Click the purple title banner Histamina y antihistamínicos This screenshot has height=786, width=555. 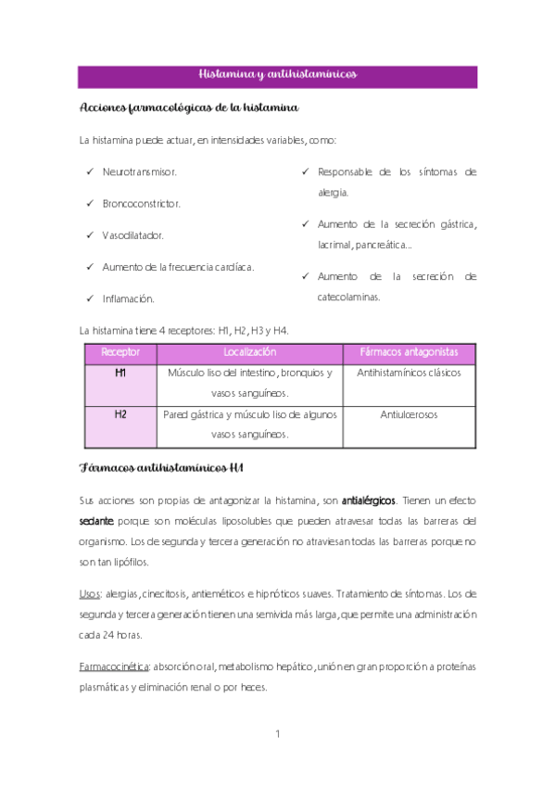click(277, 74)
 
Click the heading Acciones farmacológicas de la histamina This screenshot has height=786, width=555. click(189, 108)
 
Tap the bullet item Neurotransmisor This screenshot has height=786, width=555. click(140, 172)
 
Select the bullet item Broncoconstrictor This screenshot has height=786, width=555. click(142, 204)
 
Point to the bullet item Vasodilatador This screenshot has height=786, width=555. click(133, 235)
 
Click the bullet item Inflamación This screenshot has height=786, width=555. click(128, 298)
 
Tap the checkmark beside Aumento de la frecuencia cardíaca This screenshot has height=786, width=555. click(89, 267)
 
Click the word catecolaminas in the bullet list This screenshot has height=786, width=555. click(348, 297)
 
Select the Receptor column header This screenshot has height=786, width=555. click(120, 352)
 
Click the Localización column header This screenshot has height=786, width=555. click(250, 352)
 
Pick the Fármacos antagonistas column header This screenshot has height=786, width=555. click(409, 352)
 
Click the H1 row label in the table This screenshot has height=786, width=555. click(120, 373)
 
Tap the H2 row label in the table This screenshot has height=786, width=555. click(120, 414)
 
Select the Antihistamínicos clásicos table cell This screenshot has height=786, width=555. click(409, 373)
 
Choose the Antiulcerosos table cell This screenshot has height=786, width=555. click(409, 414)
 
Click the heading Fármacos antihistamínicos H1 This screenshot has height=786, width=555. click(168, 465)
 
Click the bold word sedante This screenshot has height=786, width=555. click(97, 521)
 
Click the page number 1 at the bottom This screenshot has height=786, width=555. click(278, 734)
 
